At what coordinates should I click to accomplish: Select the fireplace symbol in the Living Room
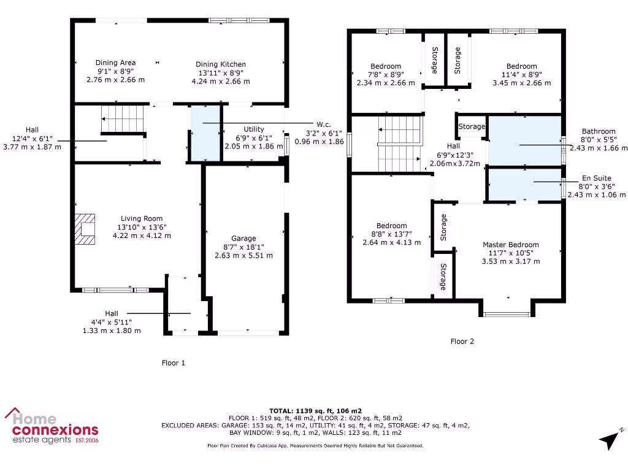pyautogui.click(x=86, y=228)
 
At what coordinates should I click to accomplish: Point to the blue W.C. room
pyautogui.click(x=205, y=133)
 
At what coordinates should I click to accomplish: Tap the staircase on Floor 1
pyautogui.click(x=122, y=115)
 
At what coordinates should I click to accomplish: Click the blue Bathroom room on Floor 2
pyautogui.click(x=525, y=142)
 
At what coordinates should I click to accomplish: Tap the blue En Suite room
pyautogui.click(x=525, y=184)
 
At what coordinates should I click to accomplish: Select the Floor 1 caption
pyautogui.click(x=174, y=363)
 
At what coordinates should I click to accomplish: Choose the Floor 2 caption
pyautogui.click(x=462, y=342)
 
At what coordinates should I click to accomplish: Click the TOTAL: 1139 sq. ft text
pyautogui.click(x=315, y=410)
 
